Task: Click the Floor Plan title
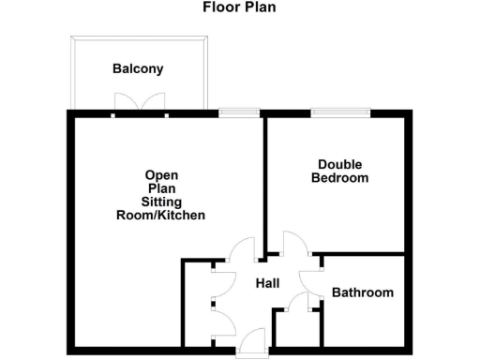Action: click(x=240, y=7)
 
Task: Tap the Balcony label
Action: click(x=138, y=68)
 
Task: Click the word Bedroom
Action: click(x=339, y=178)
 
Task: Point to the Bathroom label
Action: click(x=363, y=292)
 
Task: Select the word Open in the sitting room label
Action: click(x=161, y=175)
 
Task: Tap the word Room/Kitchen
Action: click(x=160, y=216)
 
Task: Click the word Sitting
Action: click(x=161, y=202)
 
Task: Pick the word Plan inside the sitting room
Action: click(x=161, y=188)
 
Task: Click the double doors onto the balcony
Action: click(x=140, y=103)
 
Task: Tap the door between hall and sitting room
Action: click(x=241, y=248)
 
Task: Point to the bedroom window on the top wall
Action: click(x=339, y=112)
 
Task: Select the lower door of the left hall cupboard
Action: click(x=223, y=316)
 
